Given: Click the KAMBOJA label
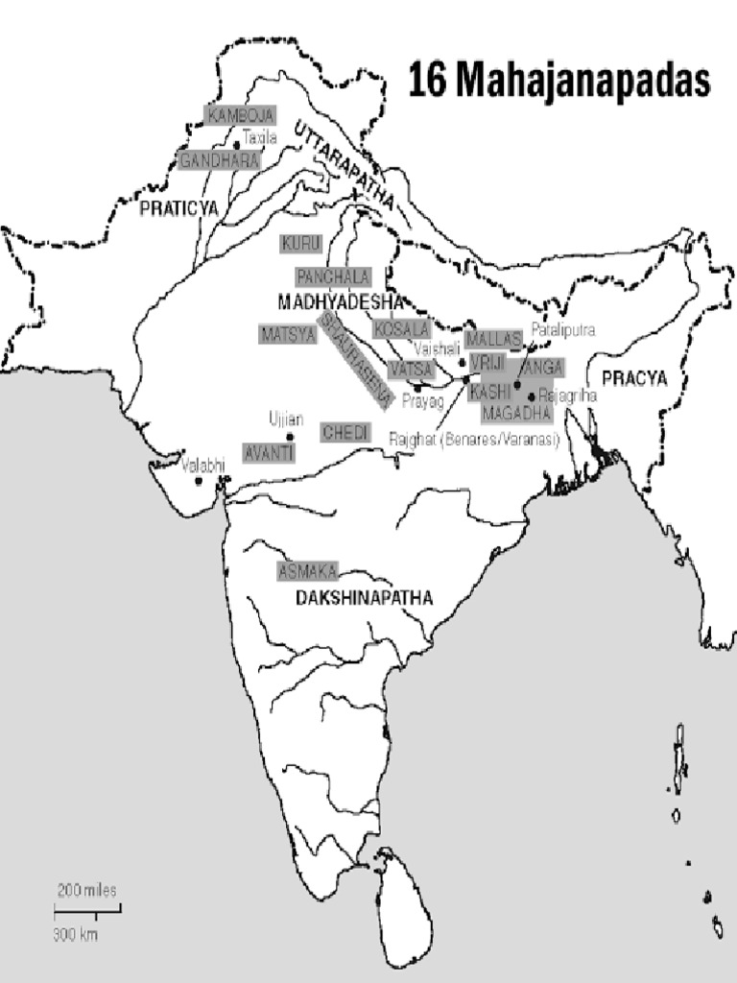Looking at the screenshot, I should click(x=240, y=115).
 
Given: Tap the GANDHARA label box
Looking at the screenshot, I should click(x=220, y=160).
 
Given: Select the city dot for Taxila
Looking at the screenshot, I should click(x=237, y=145).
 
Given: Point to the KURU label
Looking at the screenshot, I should click(x=301, y=243).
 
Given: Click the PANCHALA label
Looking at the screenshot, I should click(x=333, y=276).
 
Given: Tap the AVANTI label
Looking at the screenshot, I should click(x=269, y=452).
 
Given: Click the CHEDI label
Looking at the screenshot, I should click(x=345, y=433).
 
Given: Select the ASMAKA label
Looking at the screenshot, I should click(x=307, y=571).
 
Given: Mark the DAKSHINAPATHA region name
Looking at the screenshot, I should click(x=364, y=598).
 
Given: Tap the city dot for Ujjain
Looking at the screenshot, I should click(x=290, y=437).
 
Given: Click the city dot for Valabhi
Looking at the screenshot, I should click(x=200, y=480).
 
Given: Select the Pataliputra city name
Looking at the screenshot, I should click(x=562, y=329).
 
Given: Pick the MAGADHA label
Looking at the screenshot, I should click(x=516, y=413).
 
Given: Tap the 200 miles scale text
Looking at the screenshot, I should click(x=87, y=890).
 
